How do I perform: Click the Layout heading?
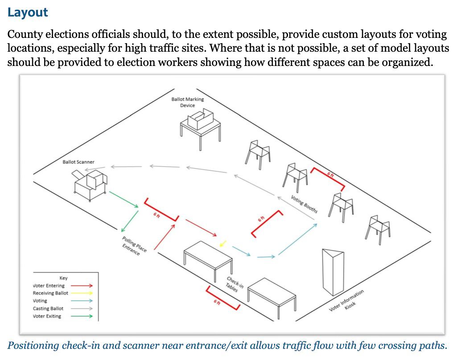[27, 12]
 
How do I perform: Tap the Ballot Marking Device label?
[187, 102]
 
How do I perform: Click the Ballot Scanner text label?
[78, 162]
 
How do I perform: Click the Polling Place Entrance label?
[133, 246]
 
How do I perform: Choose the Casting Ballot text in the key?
[48, 308]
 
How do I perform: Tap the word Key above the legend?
[63, 278]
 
